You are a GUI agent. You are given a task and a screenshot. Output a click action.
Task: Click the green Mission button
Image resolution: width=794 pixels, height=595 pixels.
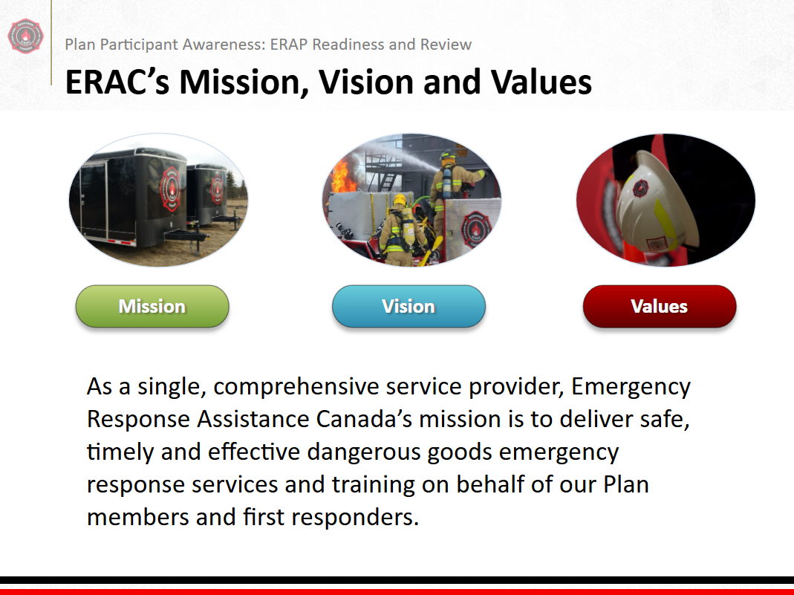tap(152, 306)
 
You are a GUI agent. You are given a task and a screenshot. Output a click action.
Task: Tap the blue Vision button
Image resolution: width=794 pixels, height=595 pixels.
tap(409, 306)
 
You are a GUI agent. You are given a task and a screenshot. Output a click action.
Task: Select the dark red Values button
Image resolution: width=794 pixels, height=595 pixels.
tap(660, 306)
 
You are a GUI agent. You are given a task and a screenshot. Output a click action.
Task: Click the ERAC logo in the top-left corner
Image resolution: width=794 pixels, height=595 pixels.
tap(26, 36)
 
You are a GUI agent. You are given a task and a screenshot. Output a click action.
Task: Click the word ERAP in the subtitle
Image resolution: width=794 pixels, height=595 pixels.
tap(289, 45)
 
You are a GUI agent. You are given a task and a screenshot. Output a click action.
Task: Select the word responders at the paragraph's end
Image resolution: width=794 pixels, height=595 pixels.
tap(355, 518)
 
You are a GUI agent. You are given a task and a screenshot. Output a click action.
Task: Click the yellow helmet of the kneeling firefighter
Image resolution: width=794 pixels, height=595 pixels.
tap(400, 200)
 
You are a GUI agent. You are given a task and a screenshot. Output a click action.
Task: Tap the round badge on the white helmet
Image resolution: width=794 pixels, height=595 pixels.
tap(640, 189)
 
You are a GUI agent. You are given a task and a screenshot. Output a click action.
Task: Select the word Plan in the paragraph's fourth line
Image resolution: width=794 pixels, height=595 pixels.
tap(626, 484)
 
